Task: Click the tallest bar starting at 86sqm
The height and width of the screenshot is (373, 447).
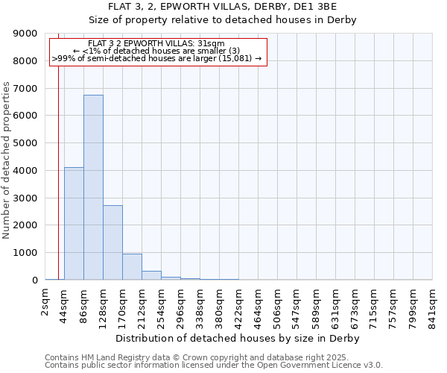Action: [93, 187]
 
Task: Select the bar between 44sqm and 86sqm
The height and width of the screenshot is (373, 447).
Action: [74, 224]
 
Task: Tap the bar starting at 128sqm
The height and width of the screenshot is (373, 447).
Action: [112, 242]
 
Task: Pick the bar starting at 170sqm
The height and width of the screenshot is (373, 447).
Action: [132, 267]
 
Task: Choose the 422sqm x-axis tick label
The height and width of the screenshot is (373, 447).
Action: [238, 304]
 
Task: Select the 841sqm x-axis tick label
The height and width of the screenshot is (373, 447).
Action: [432, 304]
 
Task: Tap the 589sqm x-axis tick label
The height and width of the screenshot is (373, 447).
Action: [316, 304]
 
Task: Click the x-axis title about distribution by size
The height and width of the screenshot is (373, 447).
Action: [238, 338]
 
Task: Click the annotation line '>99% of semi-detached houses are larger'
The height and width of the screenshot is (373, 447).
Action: [157, 58]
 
